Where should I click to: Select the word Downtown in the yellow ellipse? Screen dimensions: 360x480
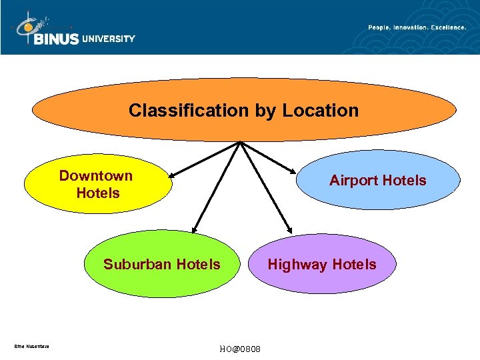tap(96, 176)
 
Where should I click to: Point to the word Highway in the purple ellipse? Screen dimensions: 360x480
tap(297, 265)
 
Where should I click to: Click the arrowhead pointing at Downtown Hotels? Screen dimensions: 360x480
tap(171, 177)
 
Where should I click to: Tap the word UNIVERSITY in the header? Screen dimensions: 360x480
tap(109, 39)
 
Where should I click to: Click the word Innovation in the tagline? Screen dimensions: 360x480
tap(413, 27)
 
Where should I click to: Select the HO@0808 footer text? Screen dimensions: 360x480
tap(240, 349)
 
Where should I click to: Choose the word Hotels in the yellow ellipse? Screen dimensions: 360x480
tap(98, 193)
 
